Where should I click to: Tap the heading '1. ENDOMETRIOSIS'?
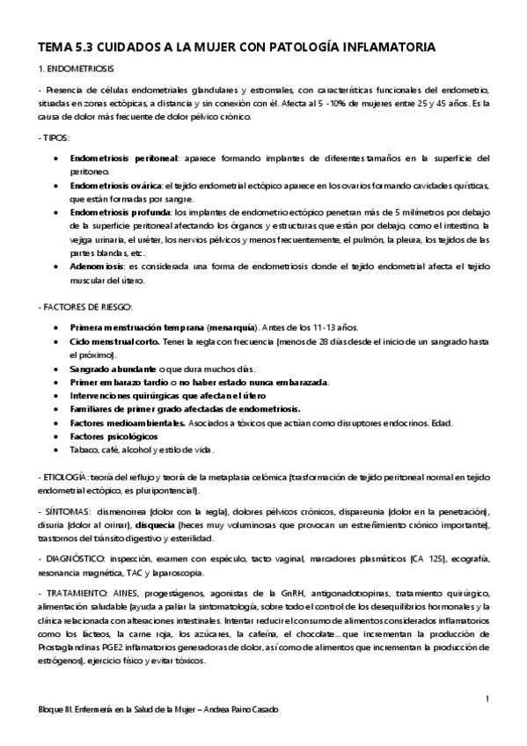(x=74, y=68)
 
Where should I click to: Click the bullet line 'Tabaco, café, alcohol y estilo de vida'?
(x=141, y=450)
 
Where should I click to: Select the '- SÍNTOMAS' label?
(x=62, y=512)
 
